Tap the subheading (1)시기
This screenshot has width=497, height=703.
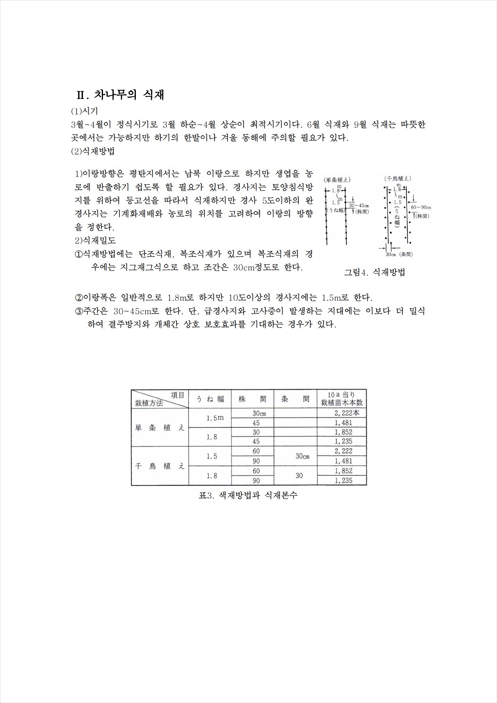(84, 111)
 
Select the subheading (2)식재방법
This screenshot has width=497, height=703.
(93, 151)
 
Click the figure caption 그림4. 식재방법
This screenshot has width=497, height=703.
(374, 273)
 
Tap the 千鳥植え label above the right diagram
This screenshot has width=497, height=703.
(397, 179)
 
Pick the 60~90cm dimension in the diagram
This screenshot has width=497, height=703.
(421, 207)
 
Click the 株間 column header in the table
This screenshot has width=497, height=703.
(252, 399)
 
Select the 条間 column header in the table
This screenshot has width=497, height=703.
(295, 399)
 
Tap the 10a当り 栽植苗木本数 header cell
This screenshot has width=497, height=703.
(342, 399)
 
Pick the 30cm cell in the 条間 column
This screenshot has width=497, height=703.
(302, 456)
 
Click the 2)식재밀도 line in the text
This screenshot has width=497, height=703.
(95, 240)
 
